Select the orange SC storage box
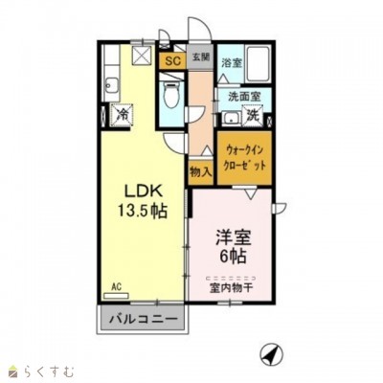click(x=172, y=61)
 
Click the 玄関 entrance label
click(x=200, y=58)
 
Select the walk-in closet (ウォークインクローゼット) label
click(x=246, y=157)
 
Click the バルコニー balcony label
click(x=141, y=318)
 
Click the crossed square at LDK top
click(x=142, y=56)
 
